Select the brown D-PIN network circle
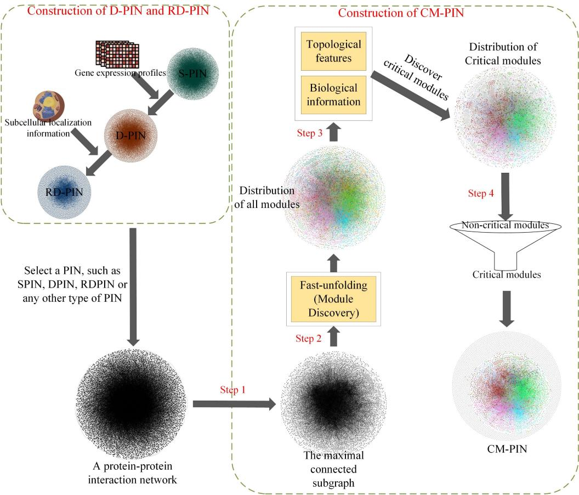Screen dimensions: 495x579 coord(130,134)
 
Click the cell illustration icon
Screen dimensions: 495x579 coord(47,104)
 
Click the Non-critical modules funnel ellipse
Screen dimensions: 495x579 coord(506,226)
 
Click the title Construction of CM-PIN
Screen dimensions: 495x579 coord(400,12)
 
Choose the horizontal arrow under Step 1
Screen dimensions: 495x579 coord(233,404)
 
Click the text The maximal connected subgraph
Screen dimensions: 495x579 coord(333,469)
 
